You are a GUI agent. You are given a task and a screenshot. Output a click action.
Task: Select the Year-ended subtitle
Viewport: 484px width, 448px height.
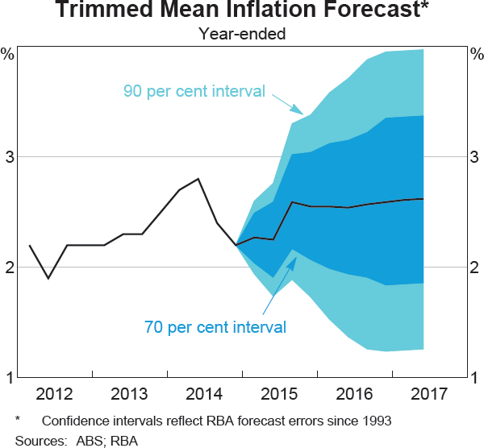point(242,34)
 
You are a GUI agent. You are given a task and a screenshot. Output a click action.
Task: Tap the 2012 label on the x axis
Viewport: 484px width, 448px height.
point(55,394)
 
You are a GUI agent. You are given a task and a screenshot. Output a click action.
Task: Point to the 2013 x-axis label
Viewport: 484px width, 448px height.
point(130,394)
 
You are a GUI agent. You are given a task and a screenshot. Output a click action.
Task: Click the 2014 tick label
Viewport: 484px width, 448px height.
point(205,394)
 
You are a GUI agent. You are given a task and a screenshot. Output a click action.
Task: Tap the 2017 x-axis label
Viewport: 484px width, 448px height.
point(428,394)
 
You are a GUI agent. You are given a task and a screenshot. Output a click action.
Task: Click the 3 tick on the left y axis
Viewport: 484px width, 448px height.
point(10,157)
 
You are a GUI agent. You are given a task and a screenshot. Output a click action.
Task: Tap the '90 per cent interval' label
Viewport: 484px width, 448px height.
point(194,91)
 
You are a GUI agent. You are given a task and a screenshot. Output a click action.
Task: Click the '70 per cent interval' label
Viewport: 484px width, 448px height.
point(215,327)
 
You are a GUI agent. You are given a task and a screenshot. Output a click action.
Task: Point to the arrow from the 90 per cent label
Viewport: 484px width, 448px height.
point(287,106)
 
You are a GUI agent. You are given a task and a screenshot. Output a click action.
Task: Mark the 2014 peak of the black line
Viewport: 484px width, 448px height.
point(198,179)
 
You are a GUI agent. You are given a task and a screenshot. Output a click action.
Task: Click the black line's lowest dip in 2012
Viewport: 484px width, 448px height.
point(48,278)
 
